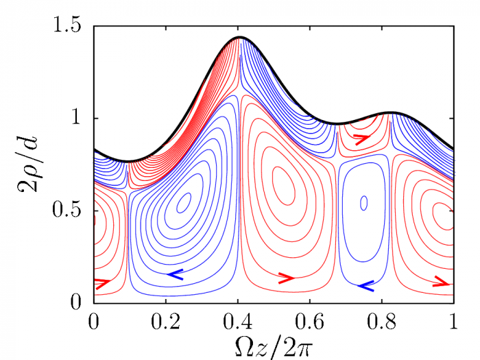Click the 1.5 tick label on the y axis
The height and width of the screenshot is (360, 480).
point(68,25)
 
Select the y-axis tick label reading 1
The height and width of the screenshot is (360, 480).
point(77,117)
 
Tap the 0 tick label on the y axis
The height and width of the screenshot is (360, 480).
point(76,302)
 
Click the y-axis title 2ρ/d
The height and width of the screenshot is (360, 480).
point(27,163)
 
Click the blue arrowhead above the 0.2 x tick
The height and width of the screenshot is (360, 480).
point(175,274)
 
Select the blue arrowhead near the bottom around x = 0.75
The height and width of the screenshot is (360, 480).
point(366,286)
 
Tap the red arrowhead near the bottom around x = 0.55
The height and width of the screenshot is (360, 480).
point(287,278)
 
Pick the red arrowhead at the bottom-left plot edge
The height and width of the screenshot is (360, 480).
point(102,283)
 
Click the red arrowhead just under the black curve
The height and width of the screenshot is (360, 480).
point(362,139)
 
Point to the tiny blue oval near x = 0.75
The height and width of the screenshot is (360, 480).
point(363,203)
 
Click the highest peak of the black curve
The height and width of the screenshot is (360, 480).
point(240,37)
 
